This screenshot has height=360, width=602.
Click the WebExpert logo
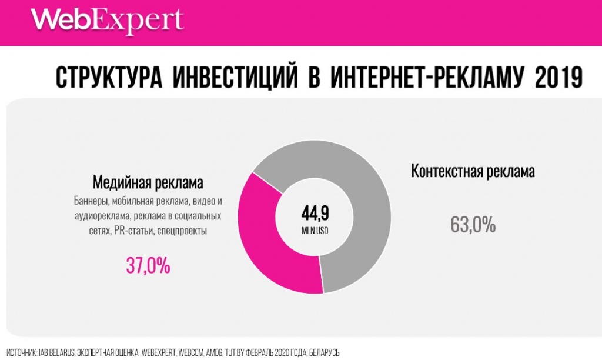pyautogui.click(x=108, y=21)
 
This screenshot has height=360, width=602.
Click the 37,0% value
pyautogui.click(x=148, y=266)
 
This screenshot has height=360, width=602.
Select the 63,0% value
pyautogui.click(x=473, y=224)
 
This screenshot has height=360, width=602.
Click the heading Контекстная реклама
pyautogui.click(x=473, y=172)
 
